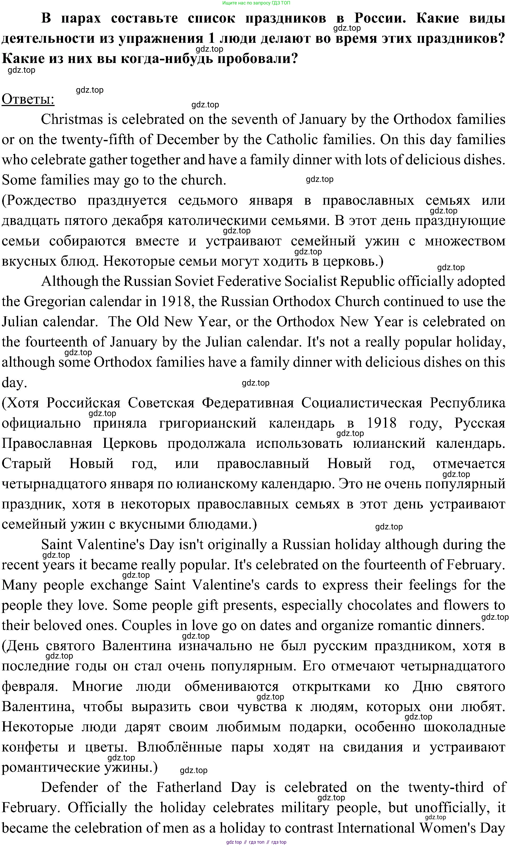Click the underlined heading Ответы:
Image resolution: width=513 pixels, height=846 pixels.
tap(28, 99)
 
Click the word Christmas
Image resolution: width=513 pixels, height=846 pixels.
tap(72, 119)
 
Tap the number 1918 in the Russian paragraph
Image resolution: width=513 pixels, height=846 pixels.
tap(381, 423)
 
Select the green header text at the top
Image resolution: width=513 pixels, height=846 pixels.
tap(256, 3)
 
